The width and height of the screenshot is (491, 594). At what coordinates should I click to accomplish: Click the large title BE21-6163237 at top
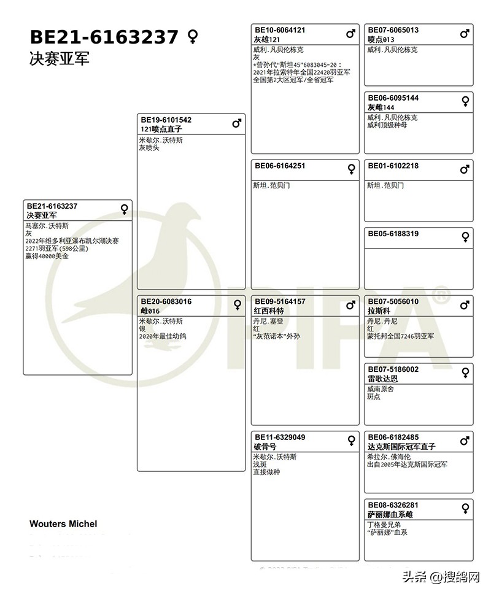(x=104, y=37)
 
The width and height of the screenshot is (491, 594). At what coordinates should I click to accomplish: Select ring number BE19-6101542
(x=166, y=120)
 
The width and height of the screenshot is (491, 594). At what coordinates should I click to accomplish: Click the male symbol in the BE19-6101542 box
(x=237, y=124)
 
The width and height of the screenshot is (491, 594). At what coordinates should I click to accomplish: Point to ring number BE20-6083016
(x=166, y=302)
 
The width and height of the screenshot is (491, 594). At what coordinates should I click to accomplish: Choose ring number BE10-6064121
(x=280, y=30)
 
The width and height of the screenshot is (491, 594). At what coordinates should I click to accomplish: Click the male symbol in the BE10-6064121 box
(x=351, y=34)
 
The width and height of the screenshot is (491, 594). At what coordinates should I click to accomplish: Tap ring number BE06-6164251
(x=280, y=166)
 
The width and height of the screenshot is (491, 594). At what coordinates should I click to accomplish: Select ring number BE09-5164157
(x=280, y=302)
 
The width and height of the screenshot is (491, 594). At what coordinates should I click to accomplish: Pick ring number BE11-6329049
(x=280, y=438)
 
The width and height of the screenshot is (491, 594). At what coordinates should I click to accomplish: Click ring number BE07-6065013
(x=393, y=30)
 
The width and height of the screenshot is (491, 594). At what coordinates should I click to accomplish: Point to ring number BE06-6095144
(x=393, y=98)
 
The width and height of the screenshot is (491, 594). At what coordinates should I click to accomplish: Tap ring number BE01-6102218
(x=393, y=166)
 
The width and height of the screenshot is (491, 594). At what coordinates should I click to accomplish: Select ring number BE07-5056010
(x=393, y=302)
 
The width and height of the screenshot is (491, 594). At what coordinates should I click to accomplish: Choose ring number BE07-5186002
(x=393, y=369)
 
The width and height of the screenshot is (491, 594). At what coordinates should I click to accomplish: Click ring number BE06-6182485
(x=393, y=438)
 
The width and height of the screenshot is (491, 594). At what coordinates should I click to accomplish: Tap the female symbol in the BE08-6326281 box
(x=465, y=509)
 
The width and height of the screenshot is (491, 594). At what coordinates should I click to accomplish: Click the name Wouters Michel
(x=63, y=524)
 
